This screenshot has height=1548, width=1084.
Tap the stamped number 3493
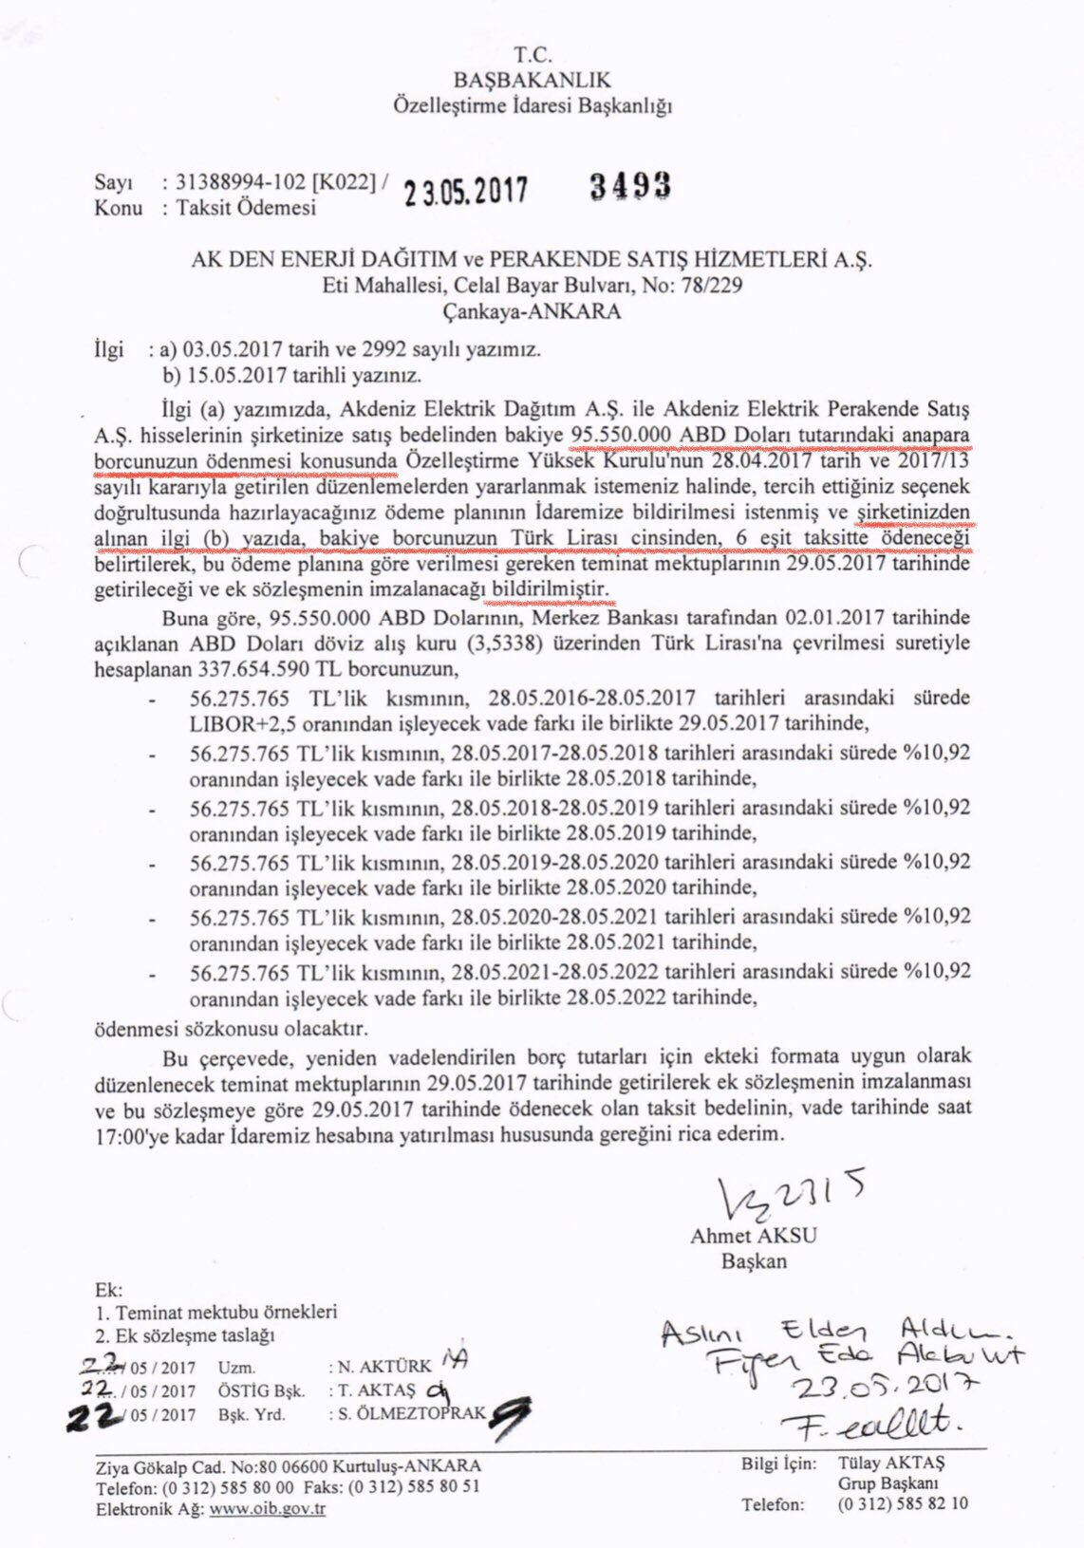(630, 185)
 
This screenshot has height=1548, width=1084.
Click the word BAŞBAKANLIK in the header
(533, 80)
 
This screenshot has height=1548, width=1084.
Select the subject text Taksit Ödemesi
(246, 208)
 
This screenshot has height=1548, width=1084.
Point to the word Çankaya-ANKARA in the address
(532, 311)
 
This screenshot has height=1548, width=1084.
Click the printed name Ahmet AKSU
(754, 1236)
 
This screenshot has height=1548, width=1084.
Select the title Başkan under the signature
(754, 1261)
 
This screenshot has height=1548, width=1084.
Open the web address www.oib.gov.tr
(268, 1509)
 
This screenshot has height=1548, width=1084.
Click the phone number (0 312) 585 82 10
(903, 1503)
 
